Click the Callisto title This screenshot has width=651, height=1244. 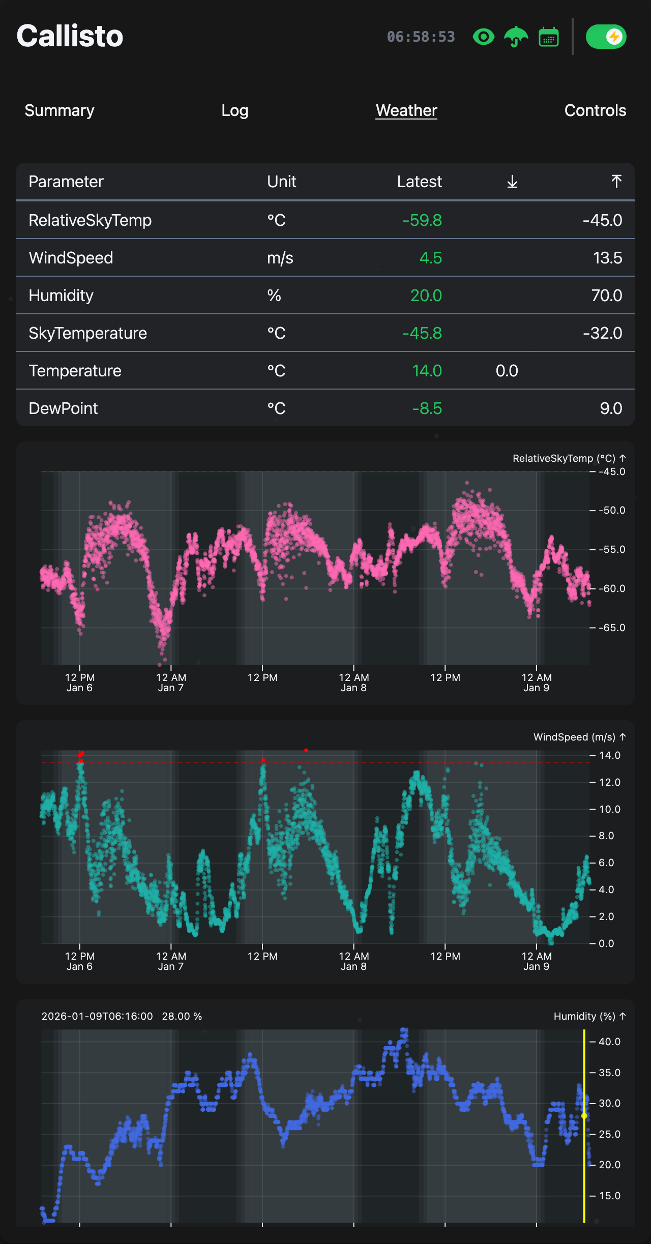(x=70, y=36)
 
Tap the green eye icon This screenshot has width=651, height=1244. (x=483, y=37)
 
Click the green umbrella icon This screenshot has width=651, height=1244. (x=516, y=37)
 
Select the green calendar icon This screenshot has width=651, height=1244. (x=548, y=37)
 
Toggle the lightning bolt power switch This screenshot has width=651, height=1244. (x=606, y=37)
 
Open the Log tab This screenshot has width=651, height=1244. (x=234, y=110)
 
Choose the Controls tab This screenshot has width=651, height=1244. (x=595, y=110)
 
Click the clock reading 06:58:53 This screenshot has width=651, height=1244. (x=421, y=37)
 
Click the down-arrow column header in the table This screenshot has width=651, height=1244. (x=512, y=182)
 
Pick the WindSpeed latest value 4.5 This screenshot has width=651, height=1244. (x=430, y=258)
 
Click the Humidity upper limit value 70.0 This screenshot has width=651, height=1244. (x=606, y=295)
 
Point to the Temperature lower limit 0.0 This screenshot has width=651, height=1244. (x=507, y=371)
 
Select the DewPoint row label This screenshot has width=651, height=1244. (x=63, y=408)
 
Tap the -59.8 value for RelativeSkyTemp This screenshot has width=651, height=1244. (x=422, y=220)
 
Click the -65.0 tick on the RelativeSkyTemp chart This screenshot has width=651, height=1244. (x=611, y=628)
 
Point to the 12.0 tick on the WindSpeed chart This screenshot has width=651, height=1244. (x=609, y=782)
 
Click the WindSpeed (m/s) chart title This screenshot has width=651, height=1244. (x=574, y=737)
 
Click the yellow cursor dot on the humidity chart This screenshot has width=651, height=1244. (x=584, y=1115)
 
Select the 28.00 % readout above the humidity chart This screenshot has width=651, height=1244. (x=182, y=1016)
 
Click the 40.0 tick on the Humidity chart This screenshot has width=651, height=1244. (x=609, y=1042)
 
